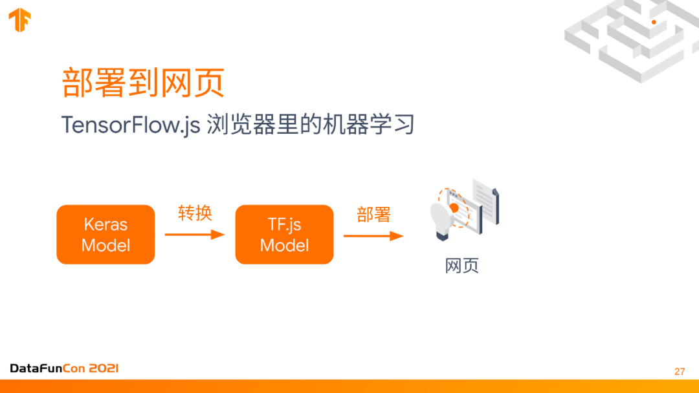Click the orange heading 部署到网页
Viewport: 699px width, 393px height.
143,82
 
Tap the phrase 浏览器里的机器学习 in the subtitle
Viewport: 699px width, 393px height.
310,125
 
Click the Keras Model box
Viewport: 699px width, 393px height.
105,235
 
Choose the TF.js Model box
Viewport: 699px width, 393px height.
284,235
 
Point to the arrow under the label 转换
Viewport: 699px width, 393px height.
194,235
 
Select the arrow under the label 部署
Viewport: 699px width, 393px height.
373,236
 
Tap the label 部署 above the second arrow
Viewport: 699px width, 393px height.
373,215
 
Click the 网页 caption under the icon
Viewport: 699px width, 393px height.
461,266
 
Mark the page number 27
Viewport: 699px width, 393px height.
679,372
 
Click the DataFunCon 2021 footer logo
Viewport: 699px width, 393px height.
64,368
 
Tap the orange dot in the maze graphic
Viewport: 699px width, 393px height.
654,22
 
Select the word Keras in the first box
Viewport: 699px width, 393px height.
105,224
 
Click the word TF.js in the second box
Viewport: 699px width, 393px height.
284,224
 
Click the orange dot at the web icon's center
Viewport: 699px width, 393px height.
454,207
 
